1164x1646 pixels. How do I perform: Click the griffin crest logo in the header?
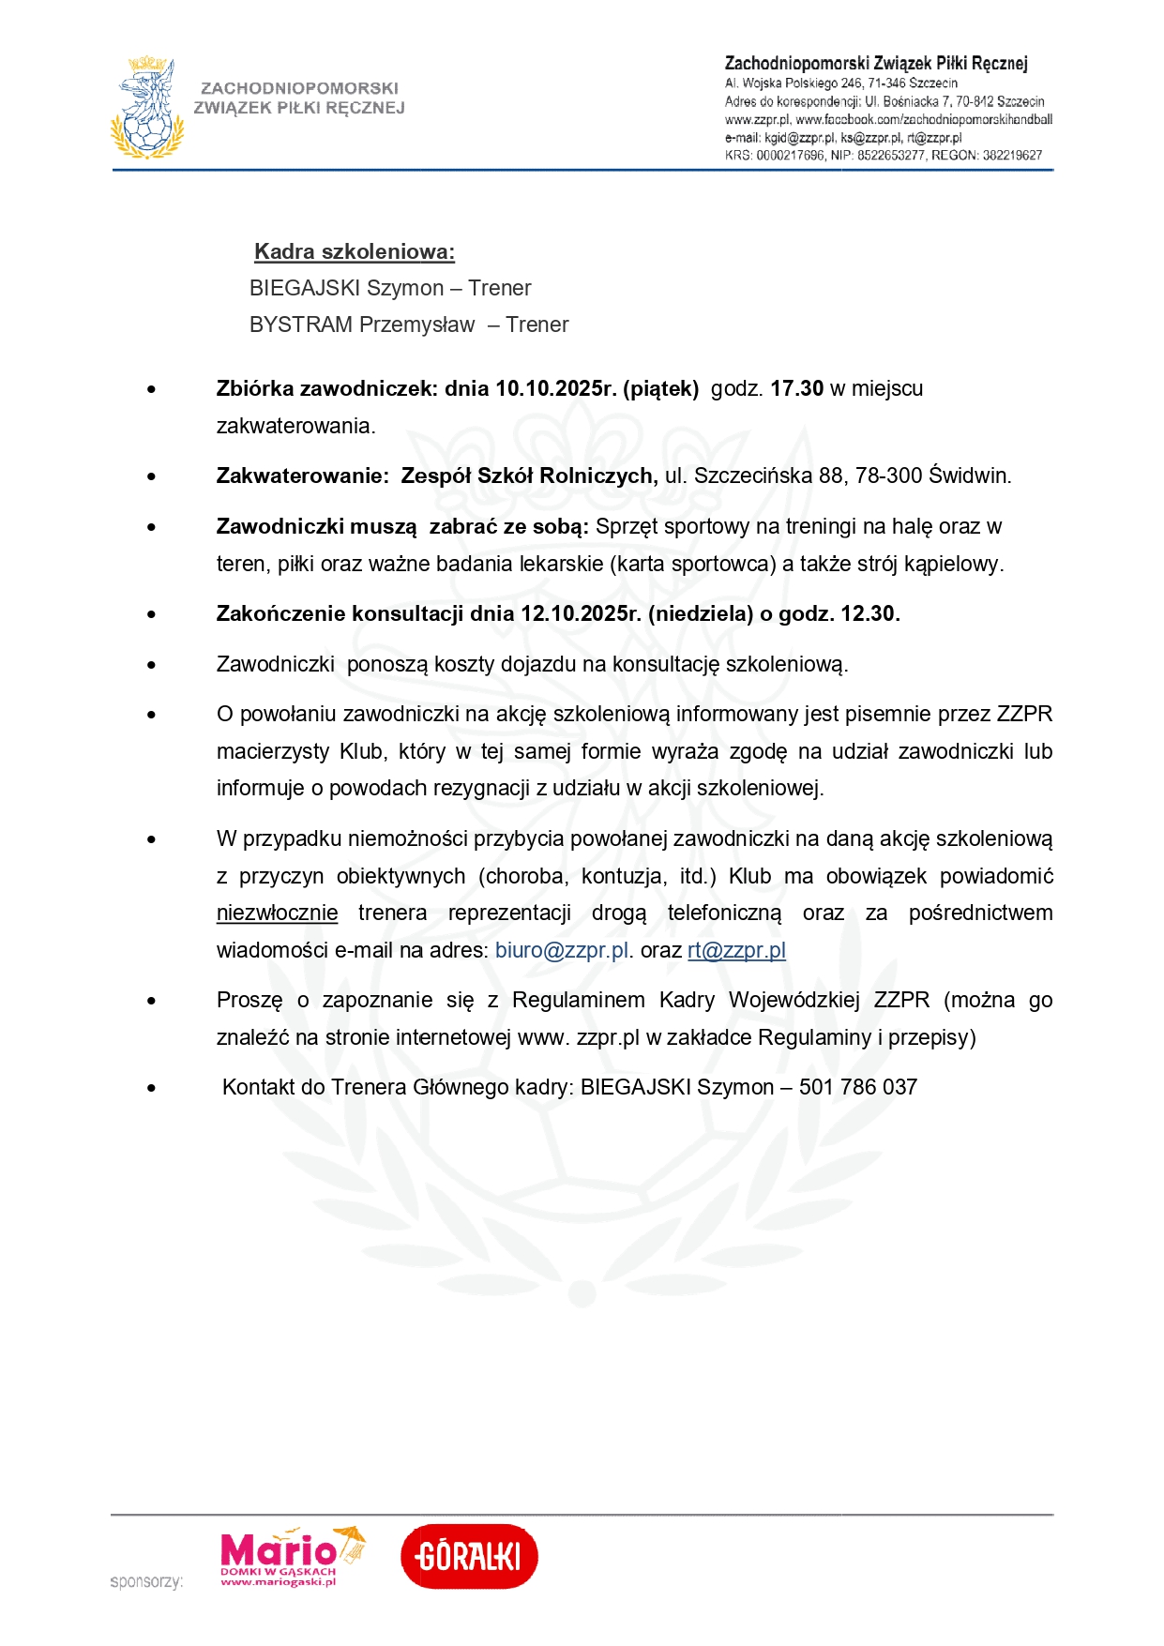tap(146, 108)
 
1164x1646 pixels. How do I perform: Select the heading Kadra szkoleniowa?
tap(355, 251)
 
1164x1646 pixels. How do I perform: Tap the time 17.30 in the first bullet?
tap(796, 388)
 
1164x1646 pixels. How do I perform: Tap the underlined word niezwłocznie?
tap(277, 913)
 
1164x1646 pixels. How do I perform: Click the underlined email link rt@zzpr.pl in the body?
tap(736, 950)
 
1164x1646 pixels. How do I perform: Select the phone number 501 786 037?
tap(857, 1087)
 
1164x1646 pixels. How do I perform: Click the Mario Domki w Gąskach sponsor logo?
tap(290, 1557)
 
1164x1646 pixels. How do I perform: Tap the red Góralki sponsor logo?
tap(469, 1557)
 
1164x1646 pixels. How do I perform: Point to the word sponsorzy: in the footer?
tap(146, 1582)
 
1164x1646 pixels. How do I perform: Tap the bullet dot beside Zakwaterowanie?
tap(151, 476)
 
